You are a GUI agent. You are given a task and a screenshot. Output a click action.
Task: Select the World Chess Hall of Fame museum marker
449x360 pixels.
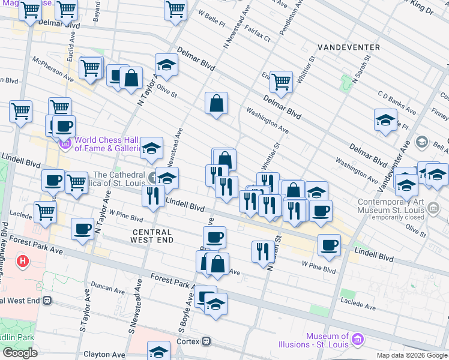(65, 145)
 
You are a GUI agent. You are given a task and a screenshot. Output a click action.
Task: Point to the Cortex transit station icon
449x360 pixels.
(206, 341)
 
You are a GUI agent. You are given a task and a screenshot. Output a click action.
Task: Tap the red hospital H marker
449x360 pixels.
(23, 262)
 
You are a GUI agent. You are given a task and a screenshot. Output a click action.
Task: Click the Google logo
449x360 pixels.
(20, 353)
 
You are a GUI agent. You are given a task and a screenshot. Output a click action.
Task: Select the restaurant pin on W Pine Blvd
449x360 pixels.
(262, 251)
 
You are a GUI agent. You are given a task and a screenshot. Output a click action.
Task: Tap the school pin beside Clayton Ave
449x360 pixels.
(159, 350)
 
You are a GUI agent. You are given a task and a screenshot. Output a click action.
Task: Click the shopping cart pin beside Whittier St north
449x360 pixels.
(280, 81)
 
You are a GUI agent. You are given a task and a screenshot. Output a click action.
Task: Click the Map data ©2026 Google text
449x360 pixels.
(411, 355)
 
